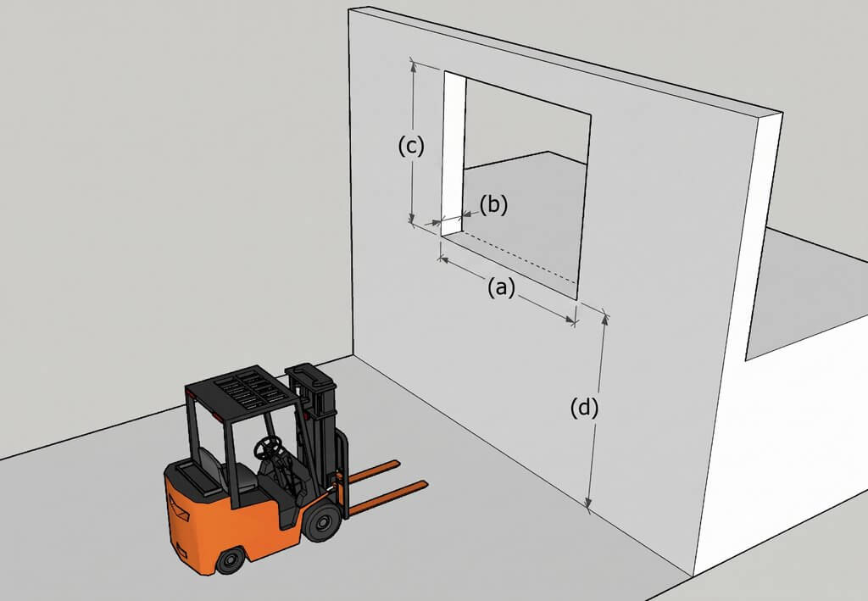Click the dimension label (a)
coord(501,287)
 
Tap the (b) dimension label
coord(493,205)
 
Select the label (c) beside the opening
coord(411,146)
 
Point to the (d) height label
coord(585,409)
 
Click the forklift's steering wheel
coord(267,447)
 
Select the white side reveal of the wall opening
coord(453,153)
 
